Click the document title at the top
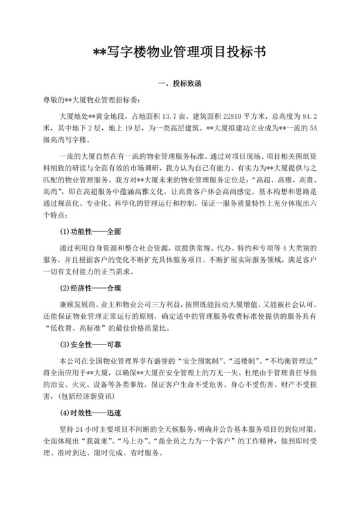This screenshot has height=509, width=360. [x=180, y=52]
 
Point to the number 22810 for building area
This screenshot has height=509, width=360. [x=229, y=118]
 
